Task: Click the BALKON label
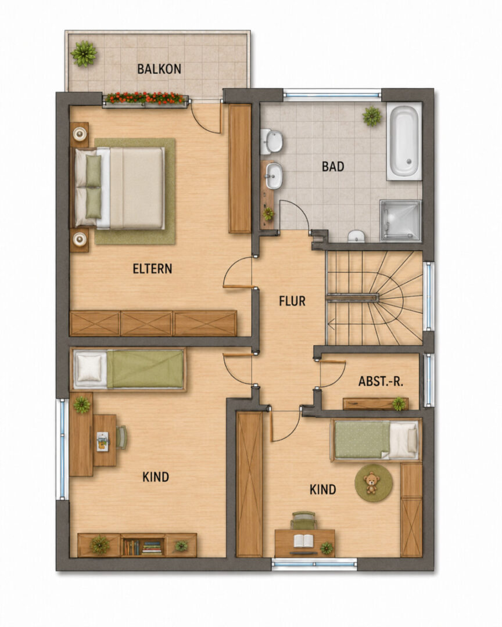click(159, 69)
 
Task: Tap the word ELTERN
click(153, 268)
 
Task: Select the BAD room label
click(333, 167)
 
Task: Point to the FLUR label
click(292, 301)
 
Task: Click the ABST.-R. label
click(381, 381)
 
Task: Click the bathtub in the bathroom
click(404, 141)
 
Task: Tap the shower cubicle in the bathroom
click(401, 221)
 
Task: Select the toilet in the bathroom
click(356, 236)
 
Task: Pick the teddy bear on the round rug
click(371, 482)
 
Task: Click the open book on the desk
click(304, 541)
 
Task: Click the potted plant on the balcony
click(84, 53)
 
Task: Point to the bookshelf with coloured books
click(143, 545)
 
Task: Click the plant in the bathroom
click(372, 116)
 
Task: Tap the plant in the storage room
click(399, 404)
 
